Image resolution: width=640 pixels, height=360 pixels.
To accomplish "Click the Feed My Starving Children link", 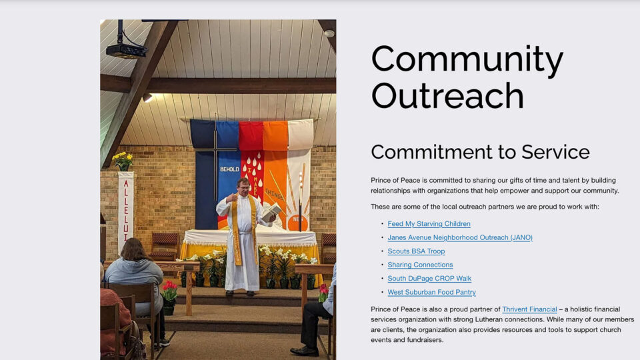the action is pyautogui.click(x=429, y=224).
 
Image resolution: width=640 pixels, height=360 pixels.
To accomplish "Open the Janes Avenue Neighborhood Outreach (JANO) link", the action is pyautogui.click(x=460, y=237).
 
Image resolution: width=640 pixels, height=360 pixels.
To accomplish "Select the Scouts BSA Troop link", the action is pyautogui.click(x=416, y=251).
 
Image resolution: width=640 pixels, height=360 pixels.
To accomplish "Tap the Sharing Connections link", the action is pyautogui.click(x=421, y=265).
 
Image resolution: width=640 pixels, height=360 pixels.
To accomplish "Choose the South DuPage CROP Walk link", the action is pyautogui.click(x=429, y=279).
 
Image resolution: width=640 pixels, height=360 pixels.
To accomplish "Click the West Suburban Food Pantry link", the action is pyautogui.click(x=432, y=292).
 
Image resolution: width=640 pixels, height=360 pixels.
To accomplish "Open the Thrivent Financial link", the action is pyautogui.click(x=529, y=309).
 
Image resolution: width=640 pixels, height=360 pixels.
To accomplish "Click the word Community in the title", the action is pyautogui.click(x=467, y=60).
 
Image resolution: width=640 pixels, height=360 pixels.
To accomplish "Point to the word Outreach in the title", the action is pyautogui.click(x=447, y=95).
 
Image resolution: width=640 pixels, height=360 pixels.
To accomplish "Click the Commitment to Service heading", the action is pyautogui.click(x=480, y=152).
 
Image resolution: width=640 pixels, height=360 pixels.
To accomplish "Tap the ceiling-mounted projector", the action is pyautogui.click(x=126, y=50).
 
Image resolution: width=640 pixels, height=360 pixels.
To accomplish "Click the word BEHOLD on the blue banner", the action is pyautogui.click(x=229, y=169).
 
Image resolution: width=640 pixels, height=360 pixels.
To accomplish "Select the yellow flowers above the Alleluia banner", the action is pyautogui.click(x=123, y=161).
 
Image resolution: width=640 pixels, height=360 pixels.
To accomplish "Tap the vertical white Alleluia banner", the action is pyautogui.click(x=126, y=212).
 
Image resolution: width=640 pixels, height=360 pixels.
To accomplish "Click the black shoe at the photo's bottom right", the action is pyautogui.click(x=304, y=351).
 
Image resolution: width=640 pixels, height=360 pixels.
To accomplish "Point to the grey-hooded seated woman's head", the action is pyautogui.click(x=133, y=249).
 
